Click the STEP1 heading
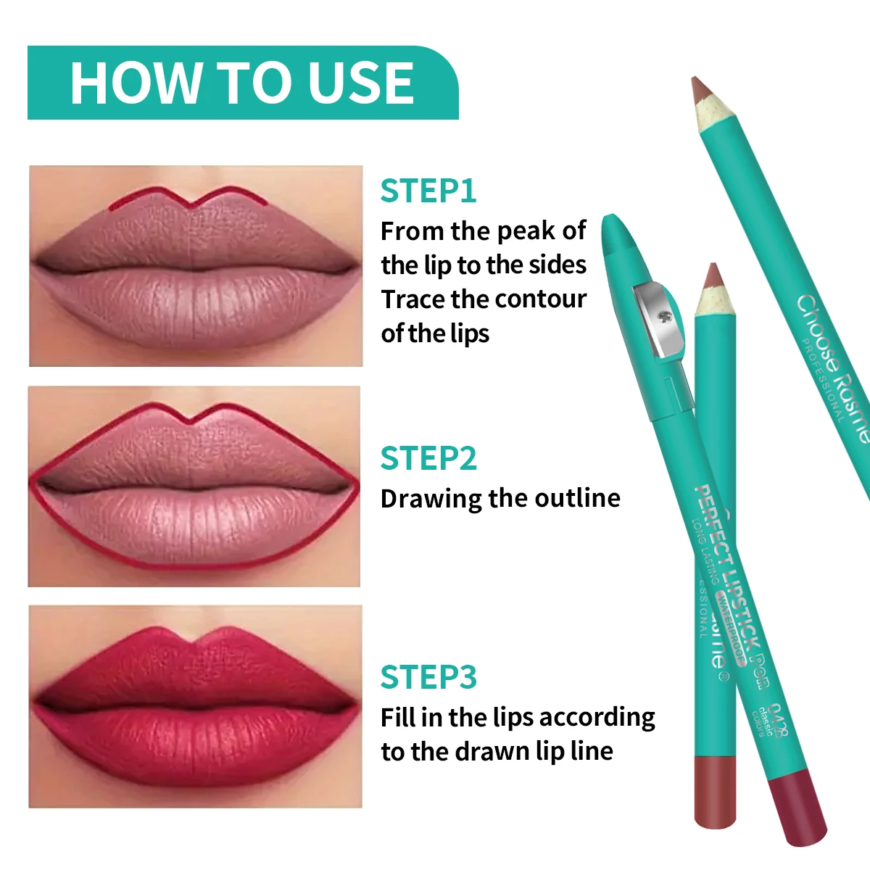click(428, 191)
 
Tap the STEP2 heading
click(428, 458)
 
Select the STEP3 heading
click(428, 677)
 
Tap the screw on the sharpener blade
click(661, 317)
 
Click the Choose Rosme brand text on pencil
click(834, 366)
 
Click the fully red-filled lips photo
click(195, 706)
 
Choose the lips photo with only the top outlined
click(196, 265)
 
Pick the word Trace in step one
click(413, 299)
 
